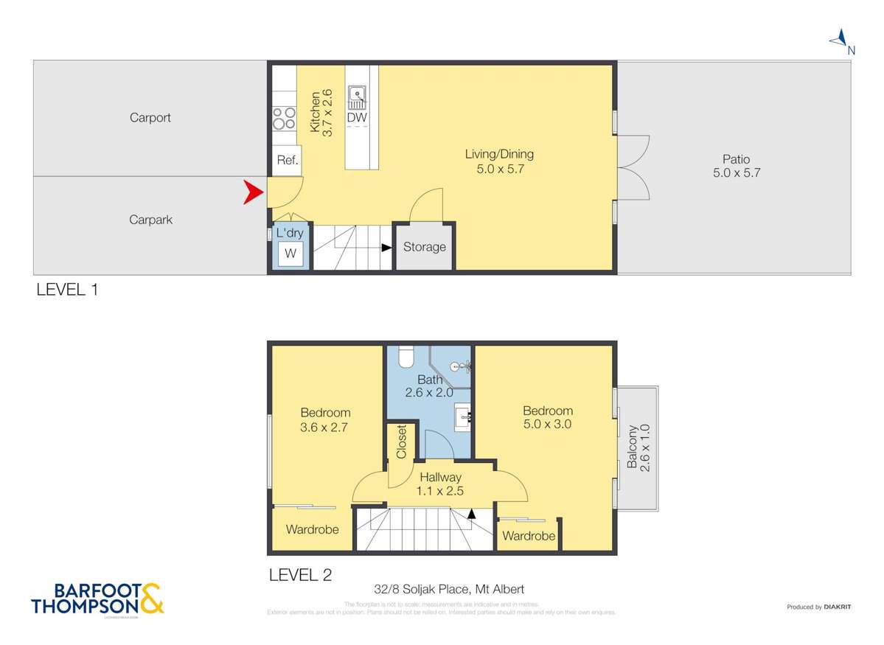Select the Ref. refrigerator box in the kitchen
(x=287, y=161)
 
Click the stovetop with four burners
(x=284, y=118)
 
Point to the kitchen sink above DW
(x=358, y=96)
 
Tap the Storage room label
(x=424, y=247)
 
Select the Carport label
(x=150, y=117)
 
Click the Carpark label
(x=150, y=219)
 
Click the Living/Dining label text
(x=499, y=154)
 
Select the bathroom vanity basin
(x=464, y=419)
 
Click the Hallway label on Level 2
(x=441, y=477)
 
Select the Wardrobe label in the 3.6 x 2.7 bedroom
(x=312, y=529)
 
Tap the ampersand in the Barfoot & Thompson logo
(x=151, y=599)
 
